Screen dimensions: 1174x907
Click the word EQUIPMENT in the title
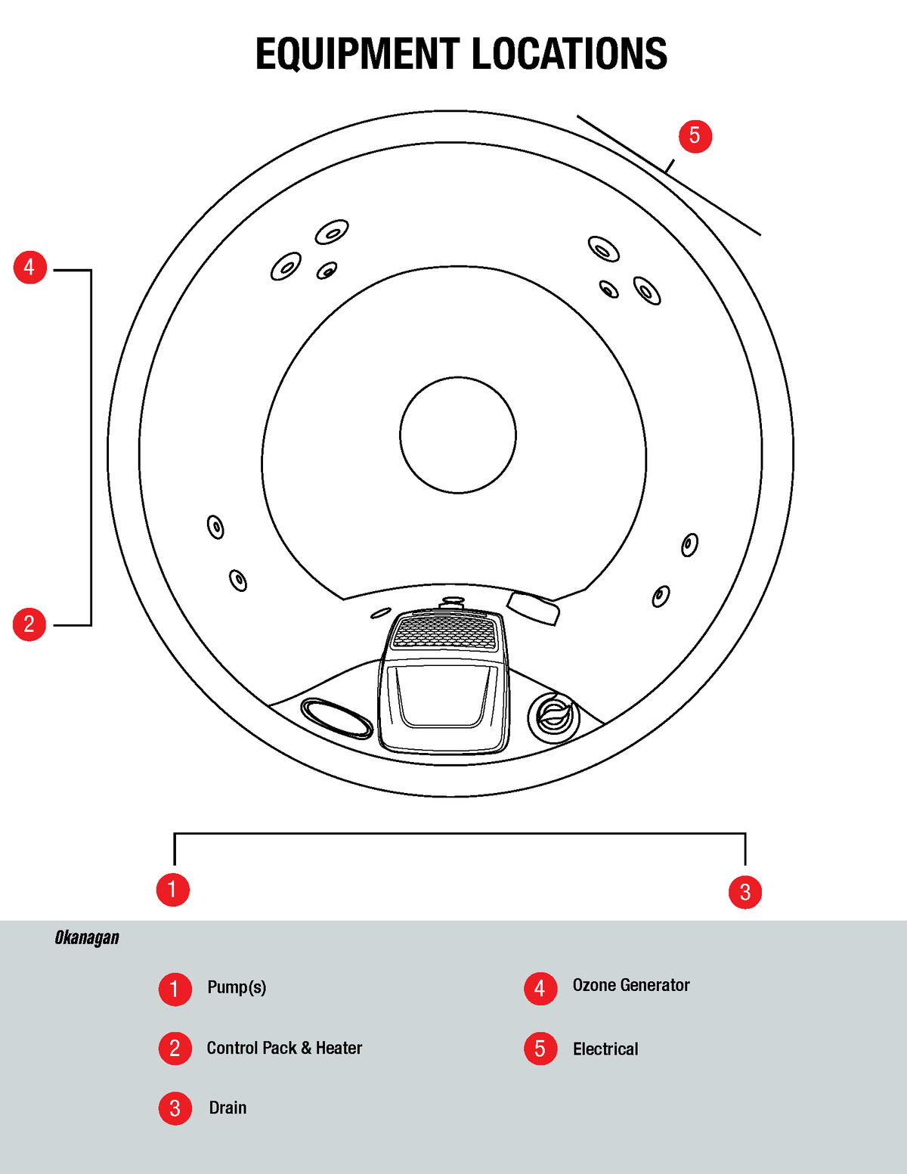357,54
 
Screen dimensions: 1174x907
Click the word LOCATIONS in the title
569,54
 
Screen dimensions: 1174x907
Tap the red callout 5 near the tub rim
695,136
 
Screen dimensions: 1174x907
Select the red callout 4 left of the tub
30,268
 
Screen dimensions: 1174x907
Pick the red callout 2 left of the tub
29,624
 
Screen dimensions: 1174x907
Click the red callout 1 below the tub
173,889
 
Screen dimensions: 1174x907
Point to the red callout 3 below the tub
745,892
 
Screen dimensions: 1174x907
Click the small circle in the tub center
458,435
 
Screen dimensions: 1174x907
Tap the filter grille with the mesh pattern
444,632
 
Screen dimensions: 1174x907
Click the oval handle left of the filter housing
337,717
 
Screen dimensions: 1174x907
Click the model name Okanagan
87,938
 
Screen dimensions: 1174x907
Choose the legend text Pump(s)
237,987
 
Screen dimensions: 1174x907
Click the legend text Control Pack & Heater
284,1049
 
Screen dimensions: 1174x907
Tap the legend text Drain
228,1108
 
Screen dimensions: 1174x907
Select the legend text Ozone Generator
631,985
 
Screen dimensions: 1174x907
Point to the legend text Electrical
605,1049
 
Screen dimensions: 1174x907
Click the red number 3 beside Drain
175,1108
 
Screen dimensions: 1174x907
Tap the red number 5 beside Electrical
540,1049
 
